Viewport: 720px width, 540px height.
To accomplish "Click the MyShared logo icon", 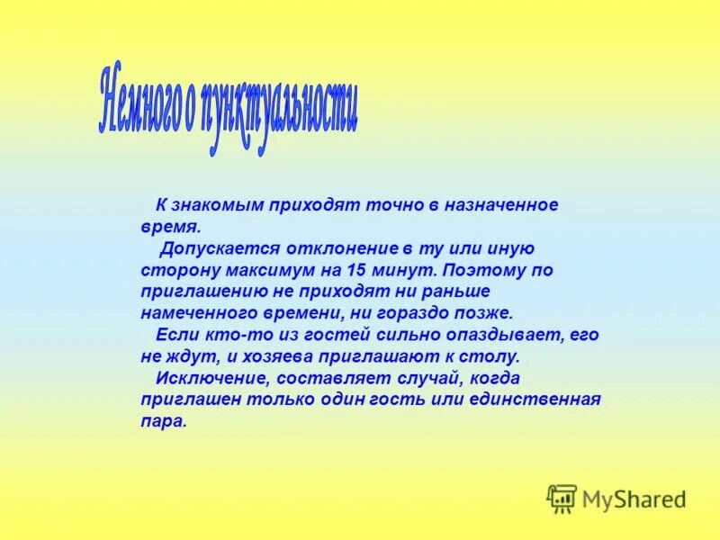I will coord(562,499).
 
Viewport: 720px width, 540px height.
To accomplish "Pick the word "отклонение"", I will coord(328,248).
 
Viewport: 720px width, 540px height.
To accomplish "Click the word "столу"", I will coord(494,356).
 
